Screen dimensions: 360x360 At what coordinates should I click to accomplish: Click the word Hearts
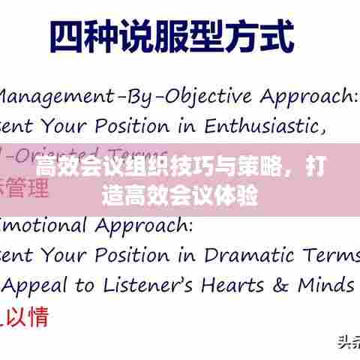[241, 285]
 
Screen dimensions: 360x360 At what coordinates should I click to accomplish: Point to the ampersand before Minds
[283, 285]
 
